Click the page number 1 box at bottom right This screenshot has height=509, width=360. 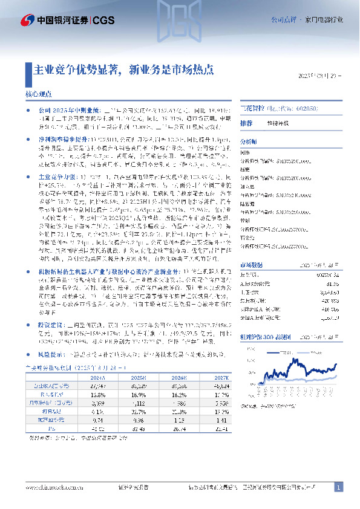tap(339, 487)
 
